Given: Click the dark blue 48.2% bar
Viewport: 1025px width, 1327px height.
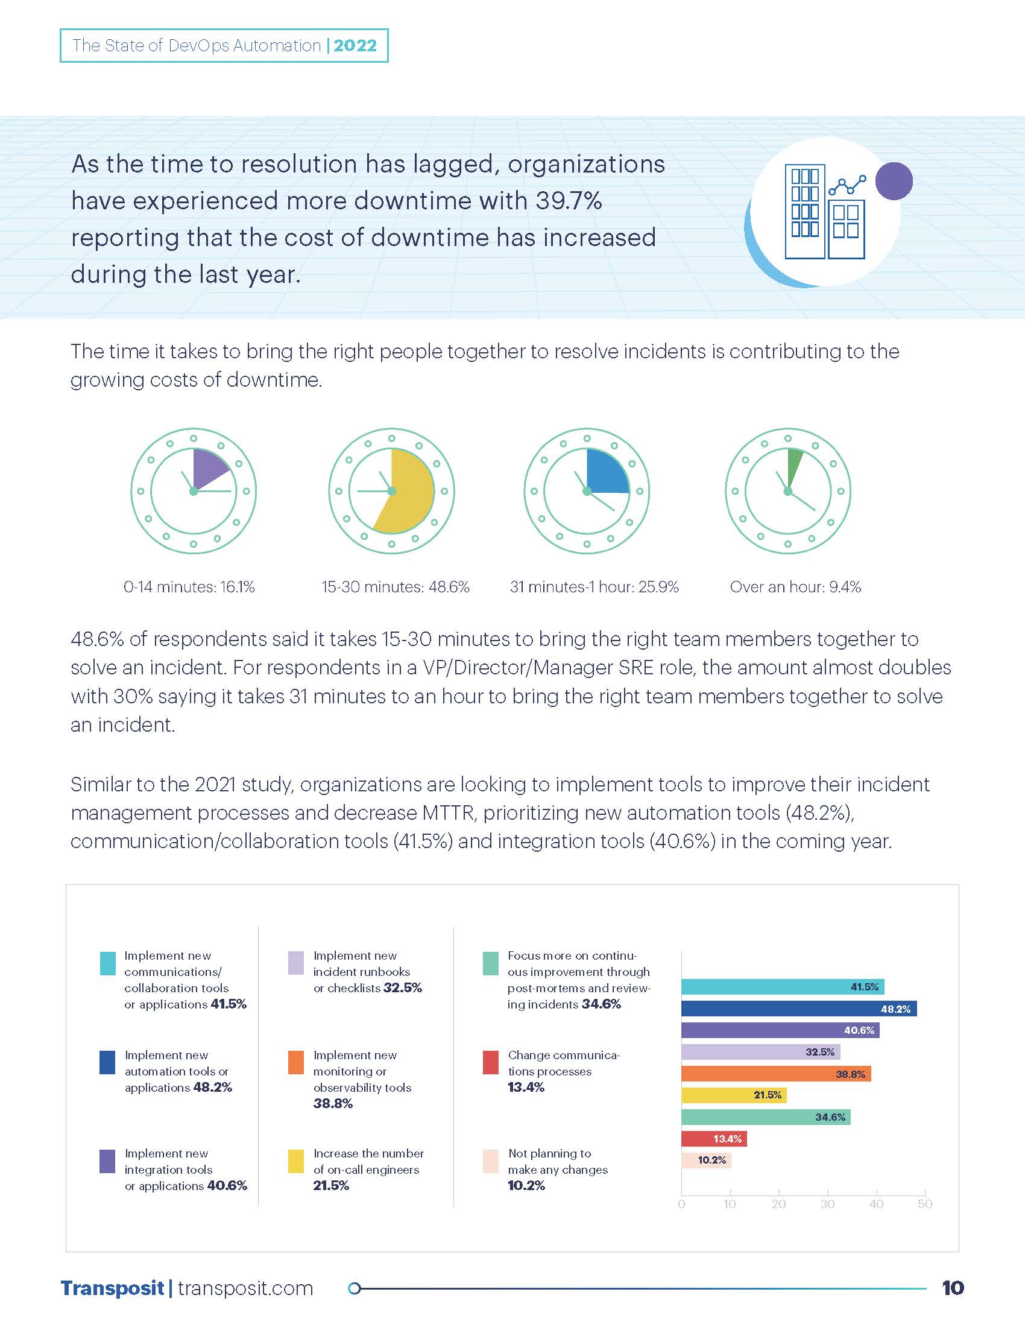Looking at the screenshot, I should pyautogui.click(x=798, y=1009).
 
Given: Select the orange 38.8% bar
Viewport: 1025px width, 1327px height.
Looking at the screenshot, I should pyautogui.click(x=775, y=1074).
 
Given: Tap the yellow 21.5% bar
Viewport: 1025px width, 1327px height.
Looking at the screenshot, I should pyautogui.click(x=734, y=1095).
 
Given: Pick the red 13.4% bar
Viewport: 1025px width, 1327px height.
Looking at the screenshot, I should pyautogui.click(x=713, y=1139).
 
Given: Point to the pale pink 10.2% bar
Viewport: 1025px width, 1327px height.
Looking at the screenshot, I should pyautogui.click(x=705, y=1160).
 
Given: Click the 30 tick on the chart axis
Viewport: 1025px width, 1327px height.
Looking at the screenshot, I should pyautogui.click(x=828, y=1204).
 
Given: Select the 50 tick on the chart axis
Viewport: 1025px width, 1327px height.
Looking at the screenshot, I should pyautogui.click(x=925, y=1204).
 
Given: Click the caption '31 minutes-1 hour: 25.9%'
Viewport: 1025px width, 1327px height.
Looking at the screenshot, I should pyautogui.click(x=594, y=587).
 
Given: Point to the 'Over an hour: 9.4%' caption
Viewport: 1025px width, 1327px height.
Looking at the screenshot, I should pyautogui.click(x=795, y=587).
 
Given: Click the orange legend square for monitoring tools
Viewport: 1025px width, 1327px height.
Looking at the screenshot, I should pyautogui.click(x=295, y=1063).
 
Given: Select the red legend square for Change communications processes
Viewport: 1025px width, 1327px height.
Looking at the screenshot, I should pyautogui.click(x=491, y=1063).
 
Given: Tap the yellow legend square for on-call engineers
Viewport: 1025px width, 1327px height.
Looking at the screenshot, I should pyautogui.click(x=295, y=1161).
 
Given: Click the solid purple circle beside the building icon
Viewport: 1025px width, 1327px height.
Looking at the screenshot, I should pyautogui.click(x=894, y=181).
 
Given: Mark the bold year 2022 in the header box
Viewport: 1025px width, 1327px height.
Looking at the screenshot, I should pyautogui.click(x=355, y=46).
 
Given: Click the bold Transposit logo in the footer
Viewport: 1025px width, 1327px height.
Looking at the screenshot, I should pyautogui.click(x=112, y=1288).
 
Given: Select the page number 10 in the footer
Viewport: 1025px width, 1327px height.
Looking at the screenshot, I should pyautogui.click(x=953, y=1288).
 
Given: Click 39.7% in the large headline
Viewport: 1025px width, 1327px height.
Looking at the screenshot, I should pyautogui.click(x=569, y=201).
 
